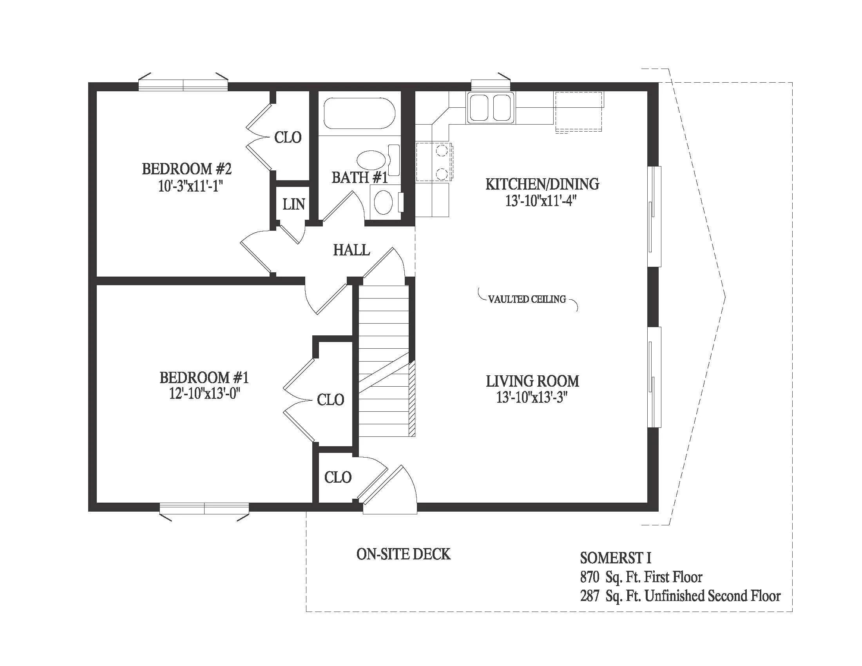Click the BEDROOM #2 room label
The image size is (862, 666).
[x=187, y=169]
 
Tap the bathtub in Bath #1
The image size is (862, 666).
[x=359, y=114]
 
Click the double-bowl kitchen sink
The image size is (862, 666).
[x=491, y=108]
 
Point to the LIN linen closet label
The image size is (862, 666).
[x=293, y=205]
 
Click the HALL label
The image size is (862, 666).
[x=351, y=250]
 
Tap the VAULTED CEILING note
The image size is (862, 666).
[x=527, y=299]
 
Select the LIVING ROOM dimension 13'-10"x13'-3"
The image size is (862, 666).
[x=532, y=398]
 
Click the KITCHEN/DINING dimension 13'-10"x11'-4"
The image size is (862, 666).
[x=541, y=201]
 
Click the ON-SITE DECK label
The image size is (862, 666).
[x=403, y=554]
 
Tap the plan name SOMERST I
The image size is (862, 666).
[x=615, y=558]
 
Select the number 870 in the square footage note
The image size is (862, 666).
[x=590, y=577]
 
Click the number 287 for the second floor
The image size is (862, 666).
[x=590, y=596]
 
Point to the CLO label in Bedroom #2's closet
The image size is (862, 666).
[x=288, y=138]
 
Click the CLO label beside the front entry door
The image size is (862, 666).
[x=338, y=478]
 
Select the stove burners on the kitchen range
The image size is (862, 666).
[x=442, y=162]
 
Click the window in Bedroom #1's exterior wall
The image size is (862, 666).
[x=204, y=509]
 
